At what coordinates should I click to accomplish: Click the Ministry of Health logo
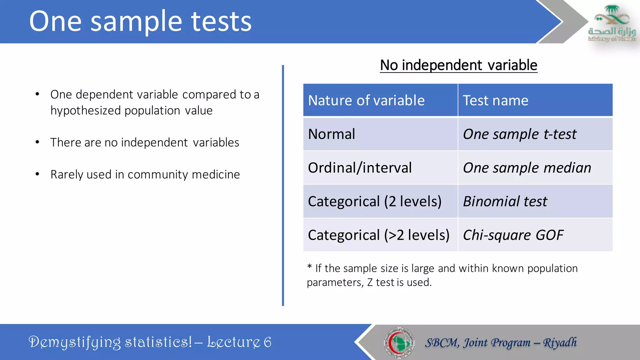click(x=612, y=23)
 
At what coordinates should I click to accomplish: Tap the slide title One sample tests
click(x=140, y=21)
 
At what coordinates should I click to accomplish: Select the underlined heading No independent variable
click(x=458, y=65)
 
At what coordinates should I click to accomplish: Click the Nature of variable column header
click(x=366, y=101)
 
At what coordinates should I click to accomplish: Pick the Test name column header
click(x=495, y=101)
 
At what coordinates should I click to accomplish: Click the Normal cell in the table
click(x=332, y=134)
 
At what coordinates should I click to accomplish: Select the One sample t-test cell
click(x=519, y=134)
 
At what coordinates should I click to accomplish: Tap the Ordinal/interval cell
click(x=360, y=168)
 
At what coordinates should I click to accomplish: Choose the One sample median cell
click(x=527, y=168)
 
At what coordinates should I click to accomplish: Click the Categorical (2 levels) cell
click(x=374, y=202)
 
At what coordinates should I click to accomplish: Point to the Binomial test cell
click(x=505, y=202)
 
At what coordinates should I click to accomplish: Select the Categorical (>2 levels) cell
click(x=378, y=235)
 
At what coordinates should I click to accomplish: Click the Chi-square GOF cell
click(x=513, y=235)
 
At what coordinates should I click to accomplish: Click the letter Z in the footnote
click(x=370, y=282)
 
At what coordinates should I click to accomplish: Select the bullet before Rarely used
click(x=37, y=174)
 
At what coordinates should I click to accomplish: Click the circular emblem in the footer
click(x=399, y=342)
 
